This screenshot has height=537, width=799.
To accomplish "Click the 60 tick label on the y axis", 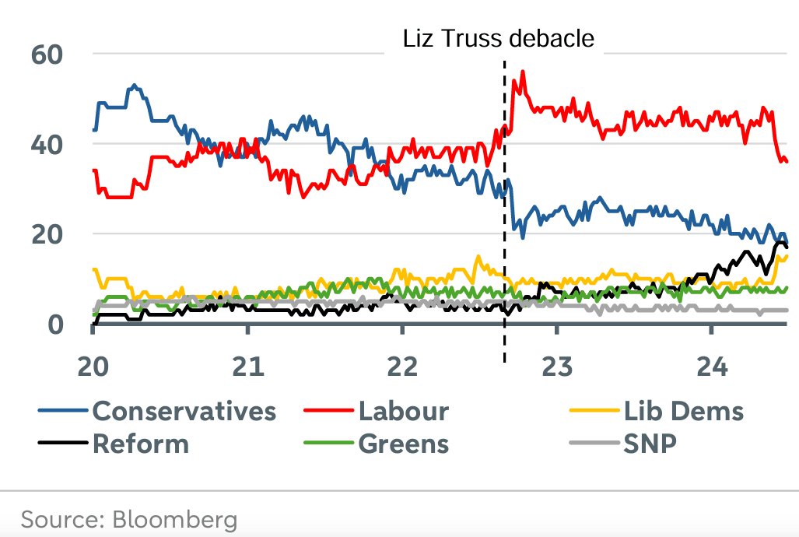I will click(46, 55).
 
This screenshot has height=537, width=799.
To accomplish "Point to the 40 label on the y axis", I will click(46, 145).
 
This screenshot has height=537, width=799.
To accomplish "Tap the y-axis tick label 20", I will click(46, 234).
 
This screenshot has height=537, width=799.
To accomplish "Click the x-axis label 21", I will click(247, 365).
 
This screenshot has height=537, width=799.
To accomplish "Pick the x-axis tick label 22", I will click(402, 365).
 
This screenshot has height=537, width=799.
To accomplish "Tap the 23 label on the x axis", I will click(557, 365).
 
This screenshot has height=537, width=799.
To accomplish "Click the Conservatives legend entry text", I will click(184, 410).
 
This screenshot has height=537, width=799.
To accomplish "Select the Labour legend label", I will click(404, 410).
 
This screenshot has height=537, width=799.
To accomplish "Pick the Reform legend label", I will click(141, 444).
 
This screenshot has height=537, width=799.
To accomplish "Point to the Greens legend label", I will click(404, 444).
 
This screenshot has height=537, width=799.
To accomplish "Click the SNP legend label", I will click(650, 444).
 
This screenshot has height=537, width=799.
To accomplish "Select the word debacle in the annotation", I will click(556, 39).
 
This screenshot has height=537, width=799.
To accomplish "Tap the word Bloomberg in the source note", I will click(176, 519).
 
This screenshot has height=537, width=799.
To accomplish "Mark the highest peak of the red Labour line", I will click(523, 71).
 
